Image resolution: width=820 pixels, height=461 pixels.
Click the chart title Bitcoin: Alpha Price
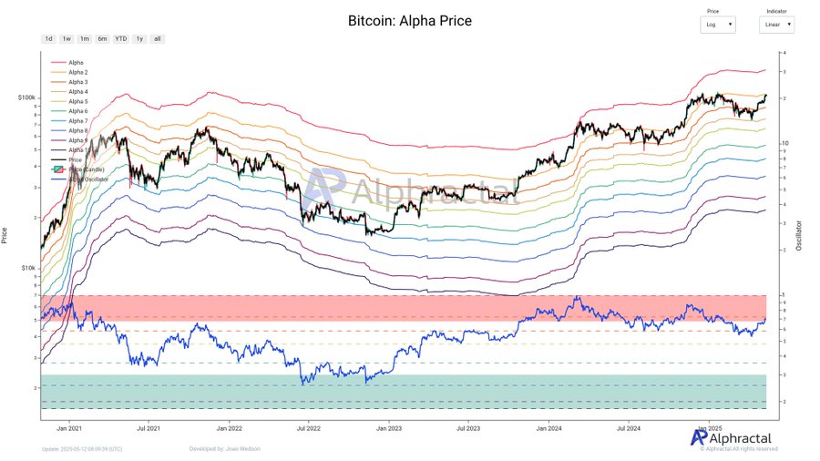point(410,20)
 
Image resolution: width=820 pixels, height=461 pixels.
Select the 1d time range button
point(48,39)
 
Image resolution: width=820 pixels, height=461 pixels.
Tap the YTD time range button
point(120,39)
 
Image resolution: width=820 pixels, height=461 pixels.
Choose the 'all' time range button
point(158,39)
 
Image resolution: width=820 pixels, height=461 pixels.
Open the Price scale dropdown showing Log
point(719,26)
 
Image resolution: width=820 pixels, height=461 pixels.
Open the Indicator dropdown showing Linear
point(776,26)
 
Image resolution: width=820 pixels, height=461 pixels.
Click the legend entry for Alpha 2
point(78,72)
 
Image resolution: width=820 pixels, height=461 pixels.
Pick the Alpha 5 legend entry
point(78,101)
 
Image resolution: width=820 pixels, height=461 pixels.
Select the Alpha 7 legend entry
point(78,120)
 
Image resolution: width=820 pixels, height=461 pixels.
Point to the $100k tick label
point(26,97)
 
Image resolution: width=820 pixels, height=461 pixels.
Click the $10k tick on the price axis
point(28,268)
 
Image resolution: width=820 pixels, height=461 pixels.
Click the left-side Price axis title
point(6,235)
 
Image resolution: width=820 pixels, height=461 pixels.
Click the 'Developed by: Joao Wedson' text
point(224,448)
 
